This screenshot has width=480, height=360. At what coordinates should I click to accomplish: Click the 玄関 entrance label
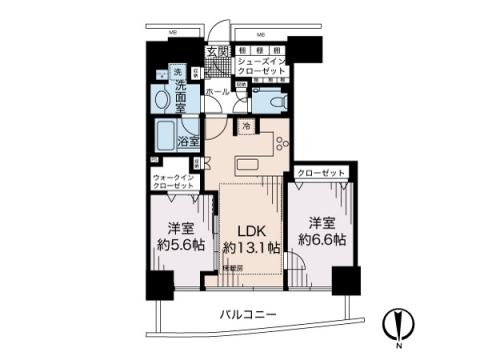[x=217, y=51]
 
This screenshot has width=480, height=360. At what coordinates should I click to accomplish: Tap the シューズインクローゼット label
[x=262, y=67]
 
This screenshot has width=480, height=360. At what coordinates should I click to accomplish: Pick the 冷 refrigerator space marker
[x=246, y=125]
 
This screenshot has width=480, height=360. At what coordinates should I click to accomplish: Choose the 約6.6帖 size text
[x=321, y=240]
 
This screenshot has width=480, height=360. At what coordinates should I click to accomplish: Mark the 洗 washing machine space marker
[x=175, y=72]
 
